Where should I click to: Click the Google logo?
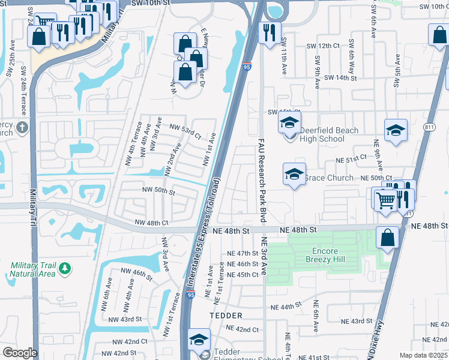pos(20,353)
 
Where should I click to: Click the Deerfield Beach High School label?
pos(330,134)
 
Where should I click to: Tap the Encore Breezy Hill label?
pos(328,256)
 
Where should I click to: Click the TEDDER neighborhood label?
pos(226,315)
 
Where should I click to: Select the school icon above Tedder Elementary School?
pos(199,340)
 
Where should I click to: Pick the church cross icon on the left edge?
pos(22,127)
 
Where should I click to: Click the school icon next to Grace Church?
pos(294,174)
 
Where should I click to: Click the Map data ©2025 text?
pos(423,355)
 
